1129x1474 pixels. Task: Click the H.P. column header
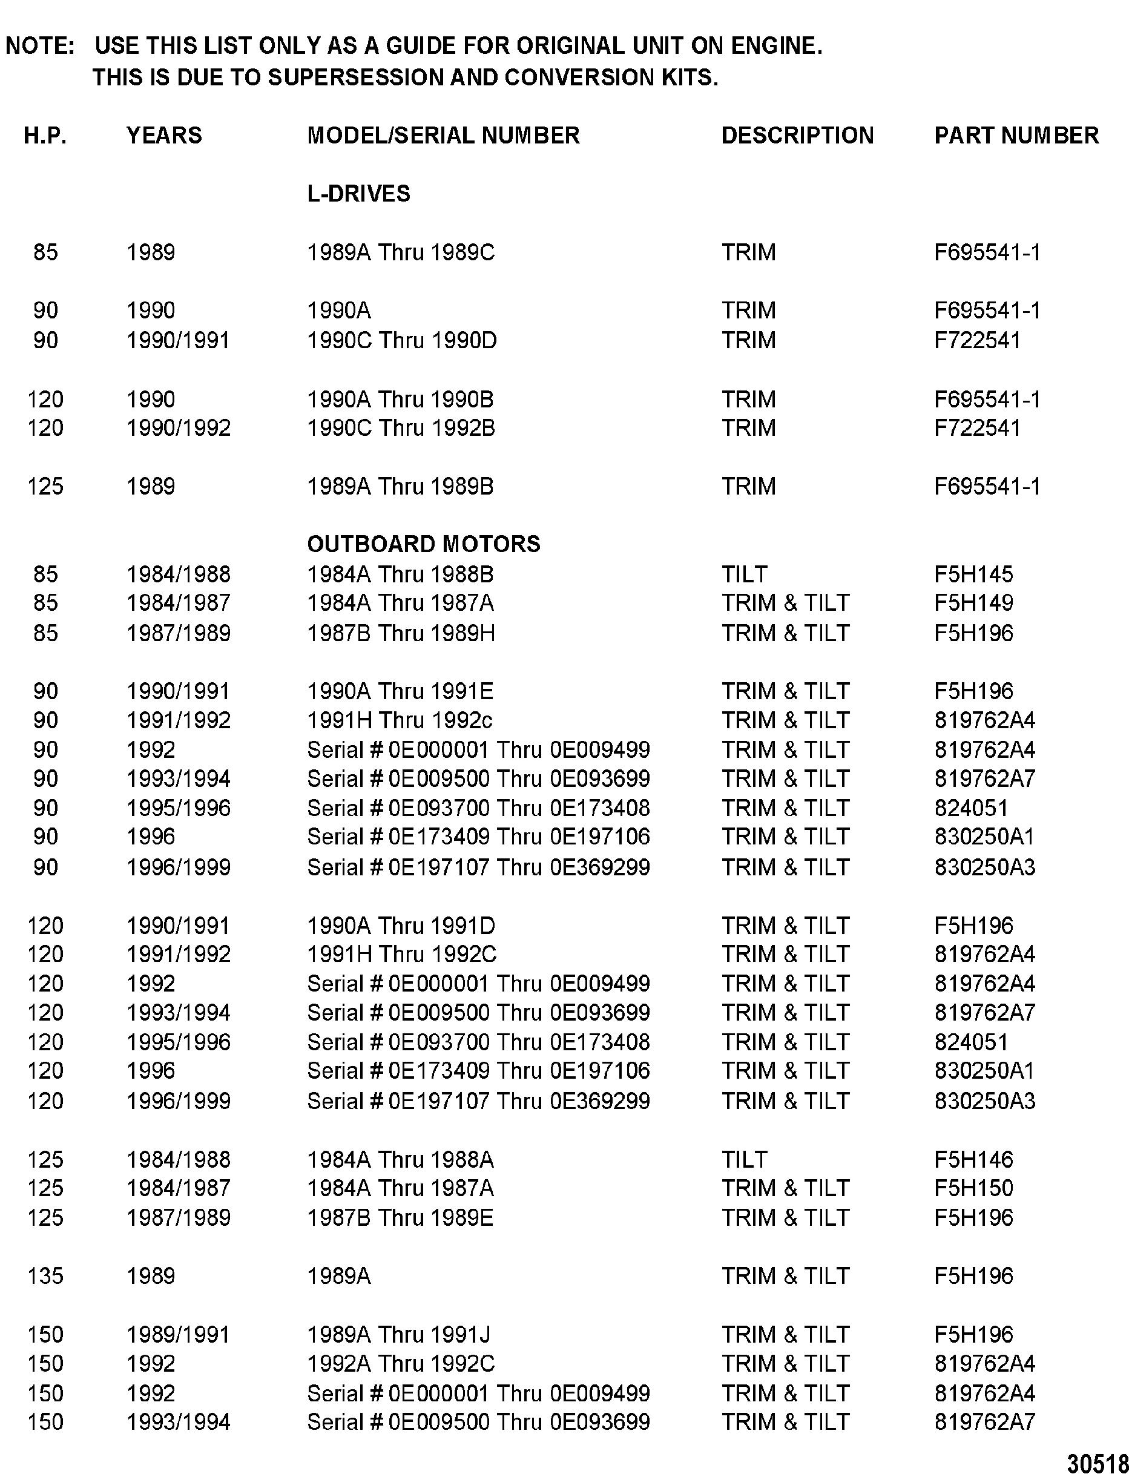click(x=45, y=136)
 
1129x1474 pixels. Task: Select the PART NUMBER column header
click(x=1016, y=136)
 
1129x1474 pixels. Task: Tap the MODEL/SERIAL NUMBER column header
click(x=443, y=136)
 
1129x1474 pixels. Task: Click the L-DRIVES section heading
click(x=358, y=194)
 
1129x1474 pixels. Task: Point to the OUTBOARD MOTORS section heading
click(x=423, y=544)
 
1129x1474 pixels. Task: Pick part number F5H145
click(x=973, y=574)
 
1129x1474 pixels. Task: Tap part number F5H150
click(x=973, y=1188)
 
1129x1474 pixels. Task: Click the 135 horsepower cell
click(x=45, y=1276)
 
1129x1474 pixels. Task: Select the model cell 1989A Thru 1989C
click(x=401, y=252)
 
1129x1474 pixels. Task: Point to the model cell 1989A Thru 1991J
click(x=399, y=1334)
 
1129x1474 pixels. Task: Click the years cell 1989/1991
click(x=178, y=1334)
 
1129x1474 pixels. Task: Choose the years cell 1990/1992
click(x=178, y=428)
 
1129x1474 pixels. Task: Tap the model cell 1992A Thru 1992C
click(x=401, y=1364)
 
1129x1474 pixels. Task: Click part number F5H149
click(x=973, y=604)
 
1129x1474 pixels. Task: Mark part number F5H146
click(x=973, y=1160)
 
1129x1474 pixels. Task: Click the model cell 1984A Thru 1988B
click(x=400, y=574)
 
